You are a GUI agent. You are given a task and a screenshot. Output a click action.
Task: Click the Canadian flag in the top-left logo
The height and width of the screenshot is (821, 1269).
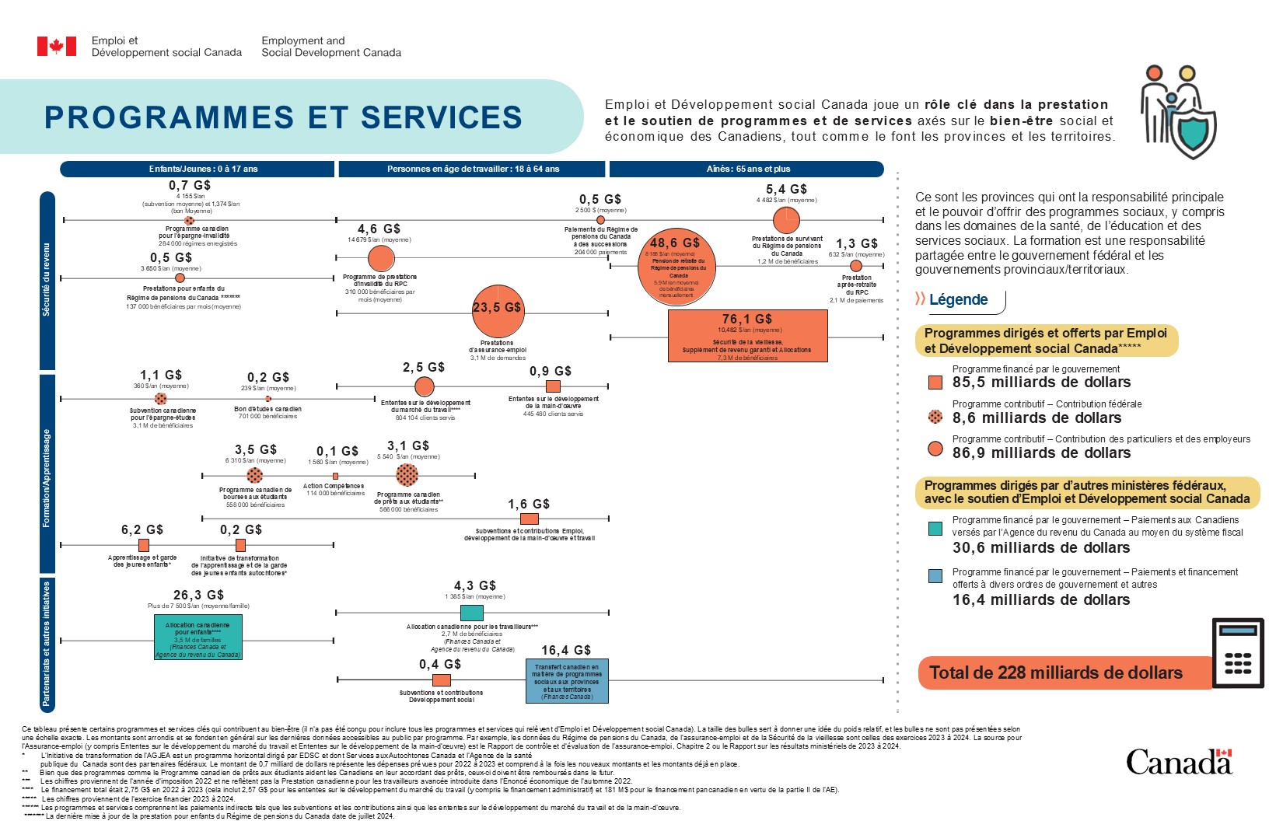pos(57,47)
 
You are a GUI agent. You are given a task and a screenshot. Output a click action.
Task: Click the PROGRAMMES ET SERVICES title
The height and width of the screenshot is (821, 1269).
pos(283,117)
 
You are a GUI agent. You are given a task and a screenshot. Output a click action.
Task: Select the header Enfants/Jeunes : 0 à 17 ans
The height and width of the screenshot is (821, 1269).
pos(198,169)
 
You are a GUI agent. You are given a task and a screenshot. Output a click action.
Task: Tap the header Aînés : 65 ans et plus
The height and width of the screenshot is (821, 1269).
pos(746,169)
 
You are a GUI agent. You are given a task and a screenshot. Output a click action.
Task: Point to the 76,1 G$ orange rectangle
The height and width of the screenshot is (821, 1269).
pos(747,336)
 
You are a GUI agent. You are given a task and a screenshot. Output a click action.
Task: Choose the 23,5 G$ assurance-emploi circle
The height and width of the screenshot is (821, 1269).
pos(497,310)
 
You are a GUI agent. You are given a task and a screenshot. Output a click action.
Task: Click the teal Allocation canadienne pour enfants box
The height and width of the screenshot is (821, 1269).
pos(198,637)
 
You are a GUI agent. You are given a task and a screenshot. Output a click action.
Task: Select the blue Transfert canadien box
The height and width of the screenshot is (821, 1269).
pos(567,681)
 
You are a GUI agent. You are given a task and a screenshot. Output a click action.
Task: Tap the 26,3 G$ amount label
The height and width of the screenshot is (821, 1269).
pos(198,595)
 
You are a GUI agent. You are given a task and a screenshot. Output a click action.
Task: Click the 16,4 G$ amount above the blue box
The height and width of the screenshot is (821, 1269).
pos(566,650)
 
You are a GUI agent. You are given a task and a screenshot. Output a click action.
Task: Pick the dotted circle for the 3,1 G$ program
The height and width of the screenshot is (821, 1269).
pos(407,474)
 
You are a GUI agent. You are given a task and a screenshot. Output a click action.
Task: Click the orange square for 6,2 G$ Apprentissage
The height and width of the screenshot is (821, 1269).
pos(144,545)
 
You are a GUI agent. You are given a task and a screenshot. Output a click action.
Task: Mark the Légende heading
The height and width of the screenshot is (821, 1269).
pos(958,300)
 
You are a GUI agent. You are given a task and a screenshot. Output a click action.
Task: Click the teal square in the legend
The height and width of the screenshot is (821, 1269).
pos(935,529)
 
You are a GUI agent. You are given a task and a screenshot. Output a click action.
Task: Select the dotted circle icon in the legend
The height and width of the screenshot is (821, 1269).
pos(935,417)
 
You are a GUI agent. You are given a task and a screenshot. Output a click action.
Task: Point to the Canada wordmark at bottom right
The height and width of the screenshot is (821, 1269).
pos(1178,762)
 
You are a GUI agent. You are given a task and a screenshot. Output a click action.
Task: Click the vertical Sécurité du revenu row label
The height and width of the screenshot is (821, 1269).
pos(47,280)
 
